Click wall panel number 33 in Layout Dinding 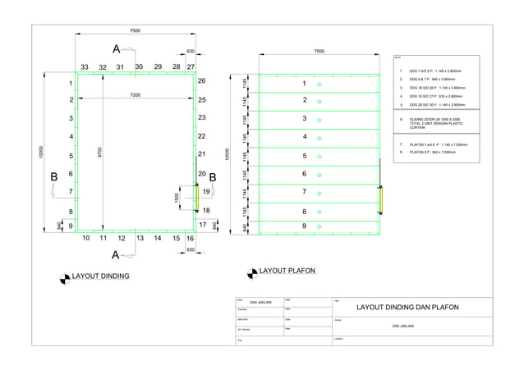click(85, 67)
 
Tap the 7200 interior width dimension click(135, 96)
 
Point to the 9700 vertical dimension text click(99, 153)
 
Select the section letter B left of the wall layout click(54, 176)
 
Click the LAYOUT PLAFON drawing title click(287, 270)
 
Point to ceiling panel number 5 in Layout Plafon click(304, 156)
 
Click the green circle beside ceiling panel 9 click(319, 226)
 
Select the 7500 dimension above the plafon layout click(319, 51)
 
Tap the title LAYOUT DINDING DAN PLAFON click(407, 308)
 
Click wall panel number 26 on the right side click(201, 81)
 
